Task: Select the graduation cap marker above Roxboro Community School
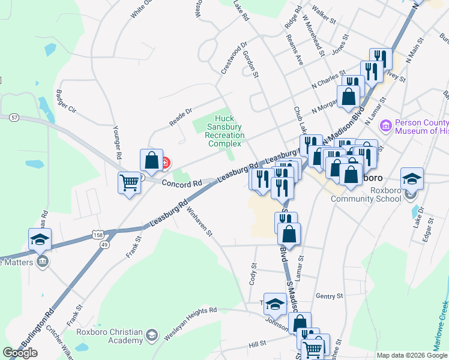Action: (412, 178)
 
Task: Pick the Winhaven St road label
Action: (200, 223)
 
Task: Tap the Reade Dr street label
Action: (180, 116)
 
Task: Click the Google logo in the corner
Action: (20, 353)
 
